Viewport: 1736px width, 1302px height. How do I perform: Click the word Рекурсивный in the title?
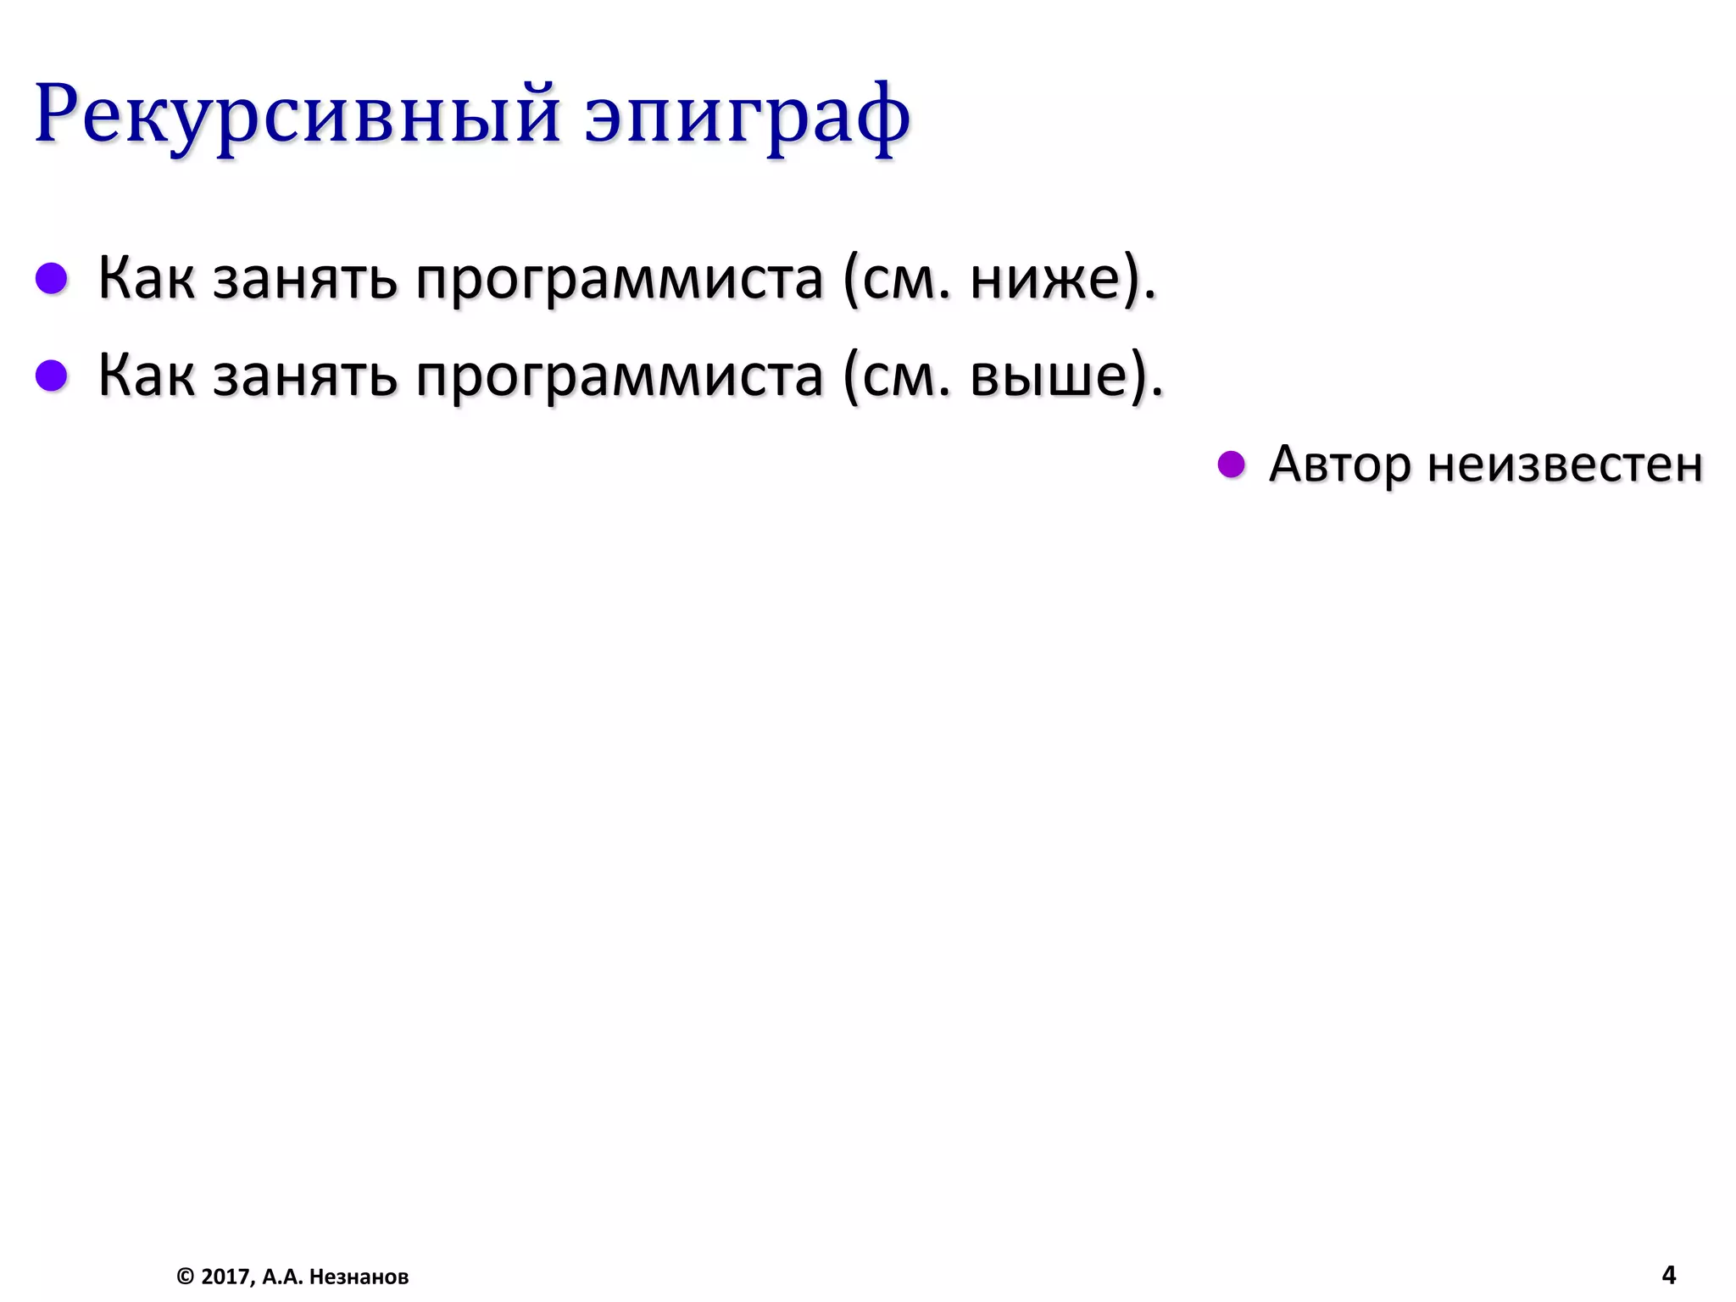point(297,114)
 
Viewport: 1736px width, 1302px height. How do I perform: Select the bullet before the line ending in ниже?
point(52,278)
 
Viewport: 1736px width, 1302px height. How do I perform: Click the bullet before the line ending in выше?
point(52,376)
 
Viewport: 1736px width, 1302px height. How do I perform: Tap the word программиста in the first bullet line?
point(620,280)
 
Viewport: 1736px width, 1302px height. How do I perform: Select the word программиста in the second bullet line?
point(620,377)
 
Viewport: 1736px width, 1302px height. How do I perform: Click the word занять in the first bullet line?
point(304,280)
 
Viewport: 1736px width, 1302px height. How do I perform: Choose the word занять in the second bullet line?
point(304,377)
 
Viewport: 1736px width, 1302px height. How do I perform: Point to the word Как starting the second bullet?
point(146,376)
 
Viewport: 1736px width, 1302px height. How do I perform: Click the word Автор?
point(1340,465)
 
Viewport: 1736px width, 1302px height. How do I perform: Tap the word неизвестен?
point(1565,465)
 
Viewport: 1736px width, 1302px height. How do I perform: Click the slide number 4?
point(1668,1275)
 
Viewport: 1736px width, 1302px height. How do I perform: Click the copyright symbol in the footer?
point(185,1277)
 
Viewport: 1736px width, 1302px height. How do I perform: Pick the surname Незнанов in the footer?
point(359,1277)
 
